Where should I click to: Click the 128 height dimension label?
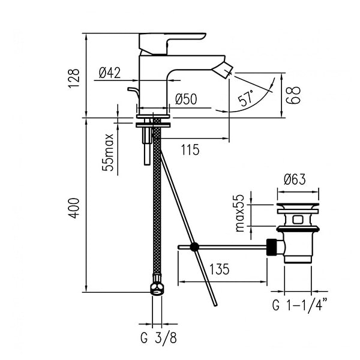click(x=74, y=78)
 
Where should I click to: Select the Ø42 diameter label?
click(x=110, y=73)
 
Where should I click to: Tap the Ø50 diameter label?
click(x=186, y=99)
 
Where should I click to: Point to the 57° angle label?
click(x=246, y=98)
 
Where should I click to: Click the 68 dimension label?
click(x=293, y=95)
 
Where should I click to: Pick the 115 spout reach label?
click(x=190, y=150)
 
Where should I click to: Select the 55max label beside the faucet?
click(x=108, y=152)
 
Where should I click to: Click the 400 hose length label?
click(x=74, y=208)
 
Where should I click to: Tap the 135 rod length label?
click(x=219, y=269)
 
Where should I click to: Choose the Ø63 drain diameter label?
click(x=295, y=179)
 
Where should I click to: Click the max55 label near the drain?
click(x=239, y=213)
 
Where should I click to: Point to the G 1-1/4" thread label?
click(x=300, y=305)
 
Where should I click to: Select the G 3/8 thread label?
click(x=158, y=338)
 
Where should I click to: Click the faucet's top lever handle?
click(x=172, y=44)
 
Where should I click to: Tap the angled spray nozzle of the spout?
click(x=222, y=70)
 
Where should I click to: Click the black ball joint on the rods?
click(x=194, y=247)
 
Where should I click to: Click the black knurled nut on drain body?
click(x=272, y=247)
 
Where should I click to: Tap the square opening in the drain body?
click(x=298, y=220)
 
